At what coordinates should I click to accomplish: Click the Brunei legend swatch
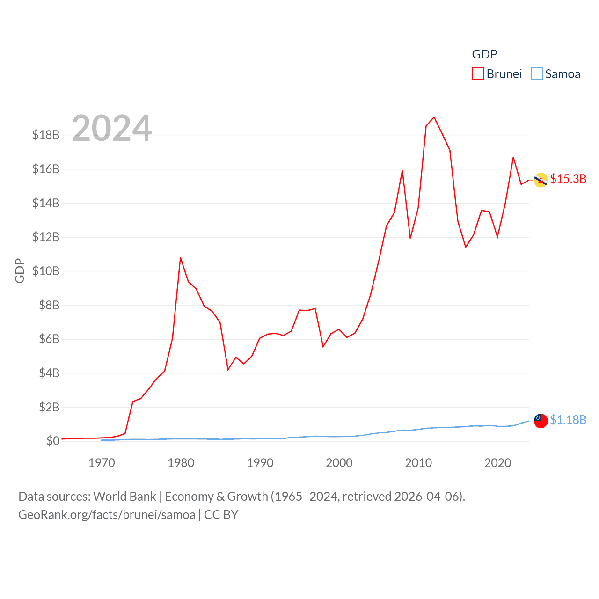[477, 74]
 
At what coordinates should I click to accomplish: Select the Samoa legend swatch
[536, 74]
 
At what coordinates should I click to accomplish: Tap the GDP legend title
[484, 54]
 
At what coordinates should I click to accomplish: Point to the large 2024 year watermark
[112, 128]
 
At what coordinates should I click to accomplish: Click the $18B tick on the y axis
[46, 135]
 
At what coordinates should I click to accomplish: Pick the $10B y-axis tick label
[46, 271]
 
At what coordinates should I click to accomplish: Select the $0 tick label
[53, 441]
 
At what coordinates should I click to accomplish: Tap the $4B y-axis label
[49, 373]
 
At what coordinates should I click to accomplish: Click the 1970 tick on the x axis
[102, 463]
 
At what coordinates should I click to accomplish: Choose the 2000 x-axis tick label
[339, 463]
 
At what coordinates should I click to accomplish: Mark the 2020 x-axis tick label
[497, 463]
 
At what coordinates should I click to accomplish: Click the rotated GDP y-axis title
[20, 270]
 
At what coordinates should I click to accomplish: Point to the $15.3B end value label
[568, 179]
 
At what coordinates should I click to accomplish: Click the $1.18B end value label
[568, 420]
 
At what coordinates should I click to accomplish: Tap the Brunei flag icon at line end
[541, 180]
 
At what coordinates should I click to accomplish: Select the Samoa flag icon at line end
[541, 421]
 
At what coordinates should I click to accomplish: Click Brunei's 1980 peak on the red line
[181, 258]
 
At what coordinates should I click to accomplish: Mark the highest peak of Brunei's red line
[434, 117]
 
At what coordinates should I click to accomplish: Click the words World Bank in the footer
[124, 497]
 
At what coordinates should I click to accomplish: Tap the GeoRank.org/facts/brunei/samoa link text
[107, 515]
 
